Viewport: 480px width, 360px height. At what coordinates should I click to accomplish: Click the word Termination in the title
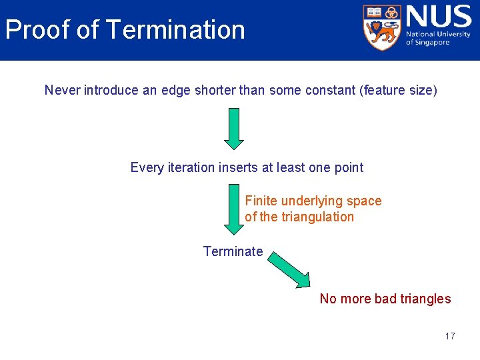pos(175,30)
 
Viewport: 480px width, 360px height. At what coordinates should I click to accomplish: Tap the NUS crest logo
pos(383,27)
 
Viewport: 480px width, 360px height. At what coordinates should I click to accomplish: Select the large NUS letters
pos(437,17)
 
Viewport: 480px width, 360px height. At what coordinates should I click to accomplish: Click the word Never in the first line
pos(62,90)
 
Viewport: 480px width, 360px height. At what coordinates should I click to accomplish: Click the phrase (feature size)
pos(399,90)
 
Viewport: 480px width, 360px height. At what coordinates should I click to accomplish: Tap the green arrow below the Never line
pos(234,129)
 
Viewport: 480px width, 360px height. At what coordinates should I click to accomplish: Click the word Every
pos(147,167)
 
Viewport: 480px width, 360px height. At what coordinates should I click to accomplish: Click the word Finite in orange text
pos(261,201)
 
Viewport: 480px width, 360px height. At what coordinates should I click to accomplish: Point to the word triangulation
pos(318,217)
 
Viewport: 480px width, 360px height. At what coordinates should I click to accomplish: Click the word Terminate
pos(233,251)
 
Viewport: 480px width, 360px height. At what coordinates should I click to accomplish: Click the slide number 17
pos(450,336)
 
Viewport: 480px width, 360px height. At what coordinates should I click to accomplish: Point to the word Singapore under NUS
pos(433,43)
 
